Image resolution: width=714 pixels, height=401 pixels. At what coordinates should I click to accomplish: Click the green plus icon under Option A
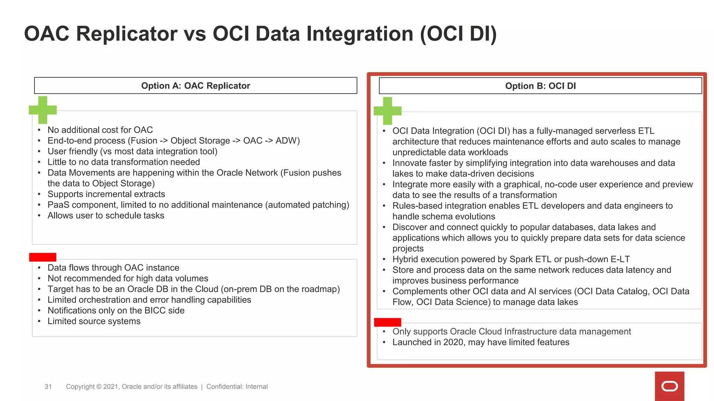pos(43,110)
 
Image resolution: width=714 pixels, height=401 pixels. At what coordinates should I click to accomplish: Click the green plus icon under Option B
pos(387,111)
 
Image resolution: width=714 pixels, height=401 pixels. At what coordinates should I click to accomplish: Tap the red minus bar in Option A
pos(43,257)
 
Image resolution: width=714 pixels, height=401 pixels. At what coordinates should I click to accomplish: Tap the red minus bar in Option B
pos(387,322)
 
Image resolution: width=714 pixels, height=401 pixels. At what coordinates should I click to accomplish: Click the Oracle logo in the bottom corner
pos(669,386)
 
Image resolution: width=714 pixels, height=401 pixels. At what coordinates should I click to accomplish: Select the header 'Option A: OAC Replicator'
pos(196,86)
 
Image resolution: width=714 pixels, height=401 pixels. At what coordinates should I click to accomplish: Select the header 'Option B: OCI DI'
pos(540,86)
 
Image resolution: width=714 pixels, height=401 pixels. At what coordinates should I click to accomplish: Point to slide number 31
pos(48,387)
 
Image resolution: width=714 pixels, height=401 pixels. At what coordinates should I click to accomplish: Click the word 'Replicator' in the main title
pos(127,34)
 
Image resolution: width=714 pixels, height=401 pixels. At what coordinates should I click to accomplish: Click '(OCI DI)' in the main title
pos(458,34)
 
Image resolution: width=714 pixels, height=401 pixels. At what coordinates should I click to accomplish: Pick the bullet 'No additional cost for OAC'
pos(100,130)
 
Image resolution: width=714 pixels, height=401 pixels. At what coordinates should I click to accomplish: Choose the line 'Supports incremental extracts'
pos(106,194)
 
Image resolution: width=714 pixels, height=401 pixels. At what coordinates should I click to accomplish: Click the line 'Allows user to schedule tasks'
pos(106,215)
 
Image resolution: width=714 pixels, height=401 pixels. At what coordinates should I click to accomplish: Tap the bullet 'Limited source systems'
pos(94,321)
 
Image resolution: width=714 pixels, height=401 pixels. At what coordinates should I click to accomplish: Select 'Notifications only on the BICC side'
pos(116,310)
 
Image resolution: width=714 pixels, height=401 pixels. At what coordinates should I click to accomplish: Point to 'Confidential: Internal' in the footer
pos(237,387)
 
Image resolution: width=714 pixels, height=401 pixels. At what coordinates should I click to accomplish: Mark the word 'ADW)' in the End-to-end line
pos(288,141)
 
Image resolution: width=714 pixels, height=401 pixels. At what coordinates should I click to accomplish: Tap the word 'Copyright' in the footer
pos(80,387)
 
